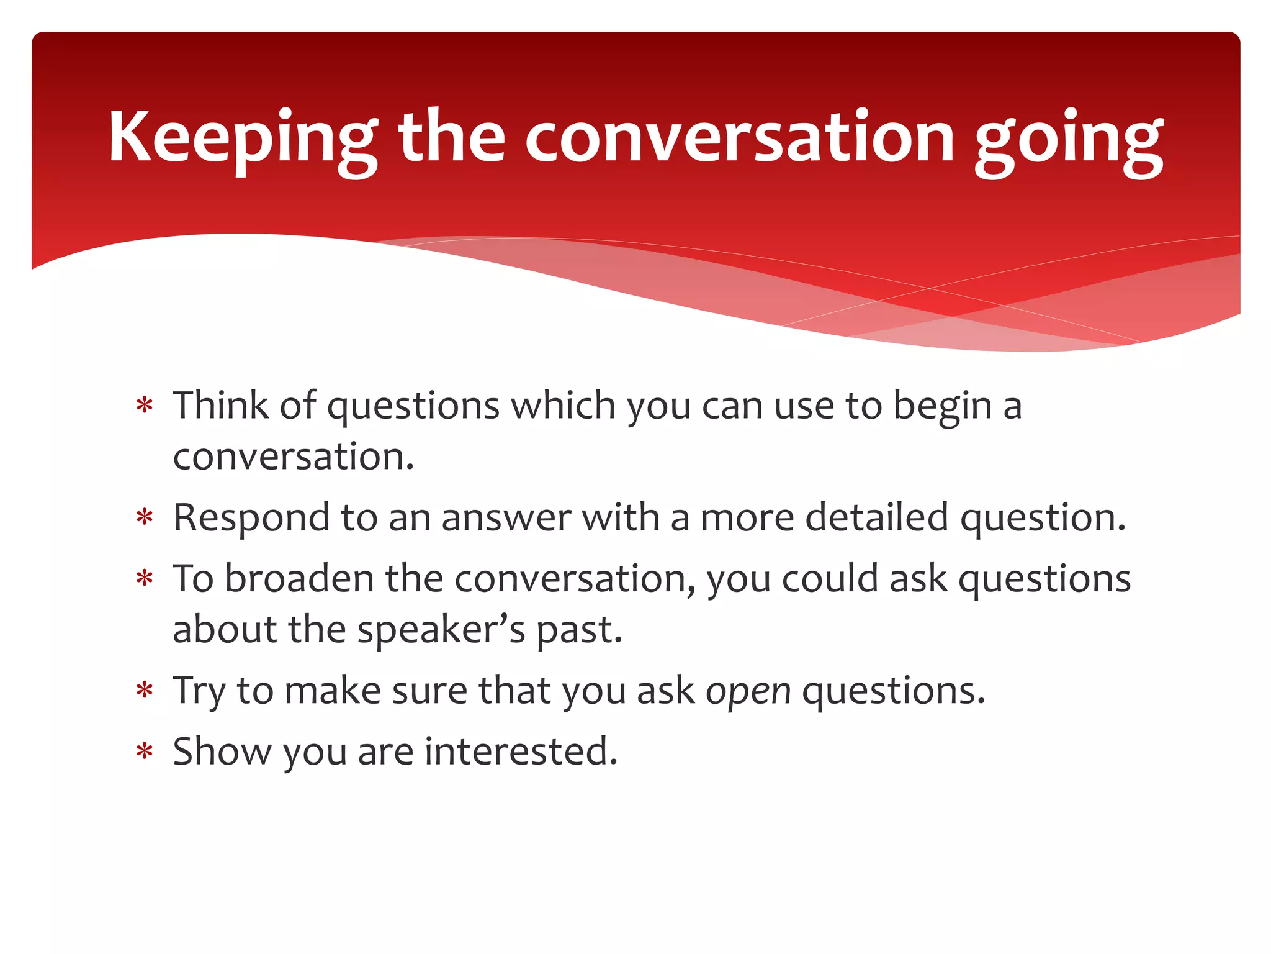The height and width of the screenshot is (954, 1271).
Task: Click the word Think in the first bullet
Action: [220, 406]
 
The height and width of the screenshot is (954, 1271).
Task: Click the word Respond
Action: [251, 519]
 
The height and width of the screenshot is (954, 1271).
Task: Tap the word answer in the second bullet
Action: [506, 519]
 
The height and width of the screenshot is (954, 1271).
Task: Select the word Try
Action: [199, 691]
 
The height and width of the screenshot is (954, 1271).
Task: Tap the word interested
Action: [521, 752]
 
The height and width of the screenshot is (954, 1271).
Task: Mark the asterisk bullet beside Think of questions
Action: [145, 406]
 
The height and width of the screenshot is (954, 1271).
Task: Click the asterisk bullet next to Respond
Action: [145, 517]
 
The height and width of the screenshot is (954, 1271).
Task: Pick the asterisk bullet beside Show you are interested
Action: [145, 752]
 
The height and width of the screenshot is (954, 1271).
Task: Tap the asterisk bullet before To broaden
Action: [145, 579]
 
